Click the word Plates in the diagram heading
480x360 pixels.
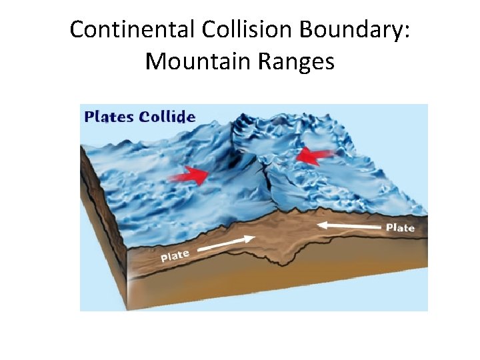[x=110, y=117]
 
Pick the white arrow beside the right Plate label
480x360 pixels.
[x=350, y=227]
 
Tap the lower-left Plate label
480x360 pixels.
[x=175, y=255]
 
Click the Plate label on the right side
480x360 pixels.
[x=400, y=228]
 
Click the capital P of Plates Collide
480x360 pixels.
[x=90, y=117]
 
